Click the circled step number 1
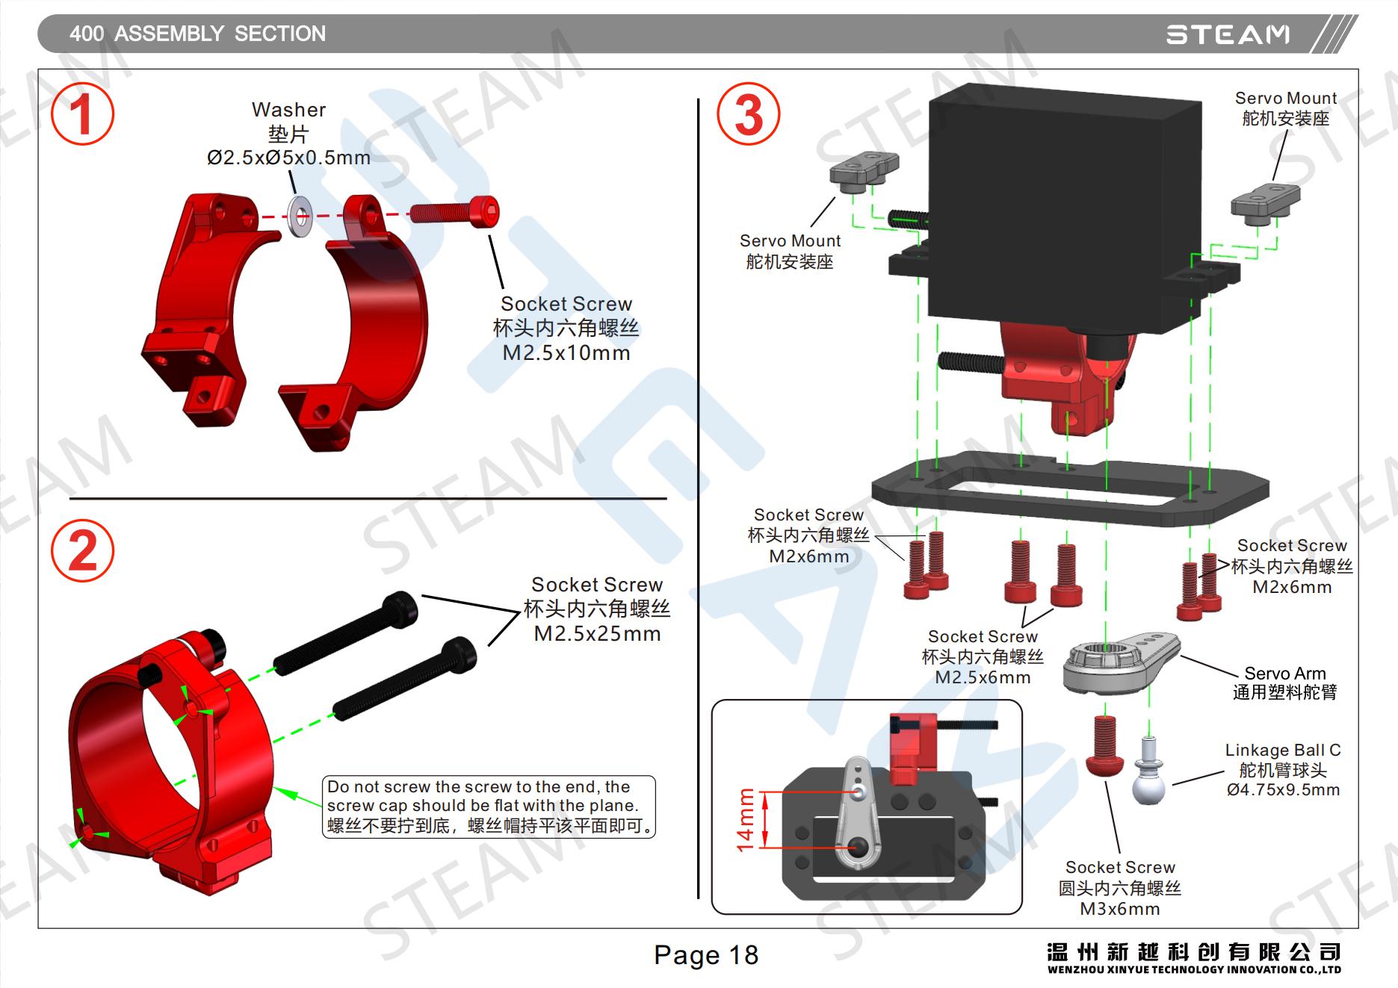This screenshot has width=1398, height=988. [82, 115]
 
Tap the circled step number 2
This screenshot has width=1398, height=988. [82, 551]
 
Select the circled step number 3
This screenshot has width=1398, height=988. [748, 115]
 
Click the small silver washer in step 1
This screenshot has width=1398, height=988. [301, 217]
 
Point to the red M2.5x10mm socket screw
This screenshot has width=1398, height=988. [455, 211]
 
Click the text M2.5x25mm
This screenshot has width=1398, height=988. [597, 634]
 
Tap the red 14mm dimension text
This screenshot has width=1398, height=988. [746, 819]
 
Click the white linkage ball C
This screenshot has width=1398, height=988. [1148, 774]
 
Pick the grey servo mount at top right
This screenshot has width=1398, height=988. [1265, 201]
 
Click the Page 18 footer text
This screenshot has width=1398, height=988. [705, 955]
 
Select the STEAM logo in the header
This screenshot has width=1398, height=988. [1228, 34]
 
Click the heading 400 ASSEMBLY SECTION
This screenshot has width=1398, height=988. [197, 34]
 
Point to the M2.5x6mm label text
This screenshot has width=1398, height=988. [983, 677]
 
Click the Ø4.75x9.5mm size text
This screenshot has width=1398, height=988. [1283, 790]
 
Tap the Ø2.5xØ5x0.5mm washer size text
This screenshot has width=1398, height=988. [288, 158]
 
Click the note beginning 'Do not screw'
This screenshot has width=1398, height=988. [489, 807]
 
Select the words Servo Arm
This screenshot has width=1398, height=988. [1284, 673]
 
